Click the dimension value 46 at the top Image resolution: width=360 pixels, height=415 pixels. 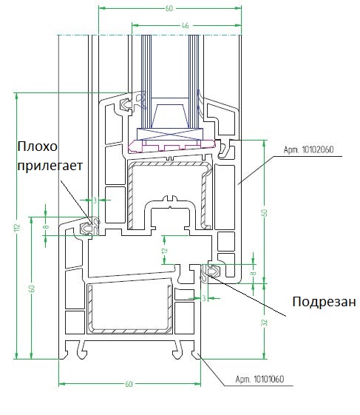pyautogui.click(x=185, y=25)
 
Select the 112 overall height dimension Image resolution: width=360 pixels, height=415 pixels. pyautogui.click(x=17, y=227)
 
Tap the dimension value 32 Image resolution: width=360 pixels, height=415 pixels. pyautogui.click(x=264, y=323)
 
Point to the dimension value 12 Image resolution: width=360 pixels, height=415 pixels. pyautogui.click(x=165, y=250)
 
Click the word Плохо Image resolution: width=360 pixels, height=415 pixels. pyautogui.click(x=37, y=146)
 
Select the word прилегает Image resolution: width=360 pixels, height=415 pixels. pyautogui.click(x=50, y=166)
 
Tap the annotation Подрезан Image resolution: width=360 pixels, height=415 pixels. pyautogui.click(x=324, y=302)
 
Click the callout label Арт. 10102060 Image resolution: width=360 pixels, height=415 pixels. pyautogui.click(x=308, y=149)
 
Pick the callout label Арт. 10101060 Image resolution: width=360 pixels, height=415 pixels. pyautogui.click(x=259, y=379)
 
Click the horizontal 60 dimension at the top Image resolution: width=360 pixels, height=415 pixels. pyautogui.click(x=169, y=8)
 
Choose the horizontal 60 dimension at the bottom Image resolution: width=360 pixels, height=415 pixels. pyautogui.click(x=129, y=384)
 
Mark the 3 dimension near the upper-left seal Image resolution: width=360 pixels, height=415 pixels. pyautogui.click(x=95, y=200)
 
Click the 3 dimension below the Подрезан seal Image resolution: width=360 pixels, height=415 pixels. pyautogui.click(x=204, y=298)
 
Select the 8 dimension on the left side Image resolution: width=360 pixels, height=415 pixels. pyautogui.click(x=46, y=227)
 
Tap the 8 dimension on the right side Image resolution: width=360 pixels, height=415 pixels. pyautogui.click(x=253, y=273)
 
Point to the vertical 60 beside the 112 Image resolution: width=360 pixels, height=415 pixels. pyautogui.click(x=32, y=289)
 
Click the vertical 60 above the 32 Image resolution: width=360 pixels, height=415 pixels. pyautogui.click(x=264, y=212)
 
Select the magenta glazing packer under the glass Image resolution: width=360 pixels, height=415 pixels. pyautogui.click(x=171, y=146)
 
